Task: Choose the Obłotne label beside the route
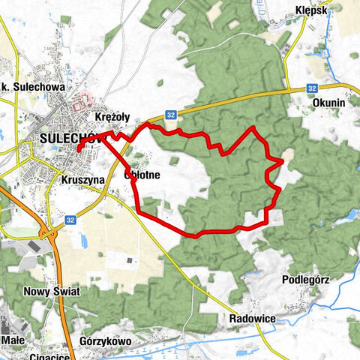tap(142, 175)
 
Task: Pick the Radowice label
tap(252, 319)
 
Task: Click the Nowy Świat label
tap(50, 292)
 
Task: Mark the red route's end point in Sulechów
tap(77, 151)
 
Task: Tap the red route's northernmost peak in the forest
tap(253, 128)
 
